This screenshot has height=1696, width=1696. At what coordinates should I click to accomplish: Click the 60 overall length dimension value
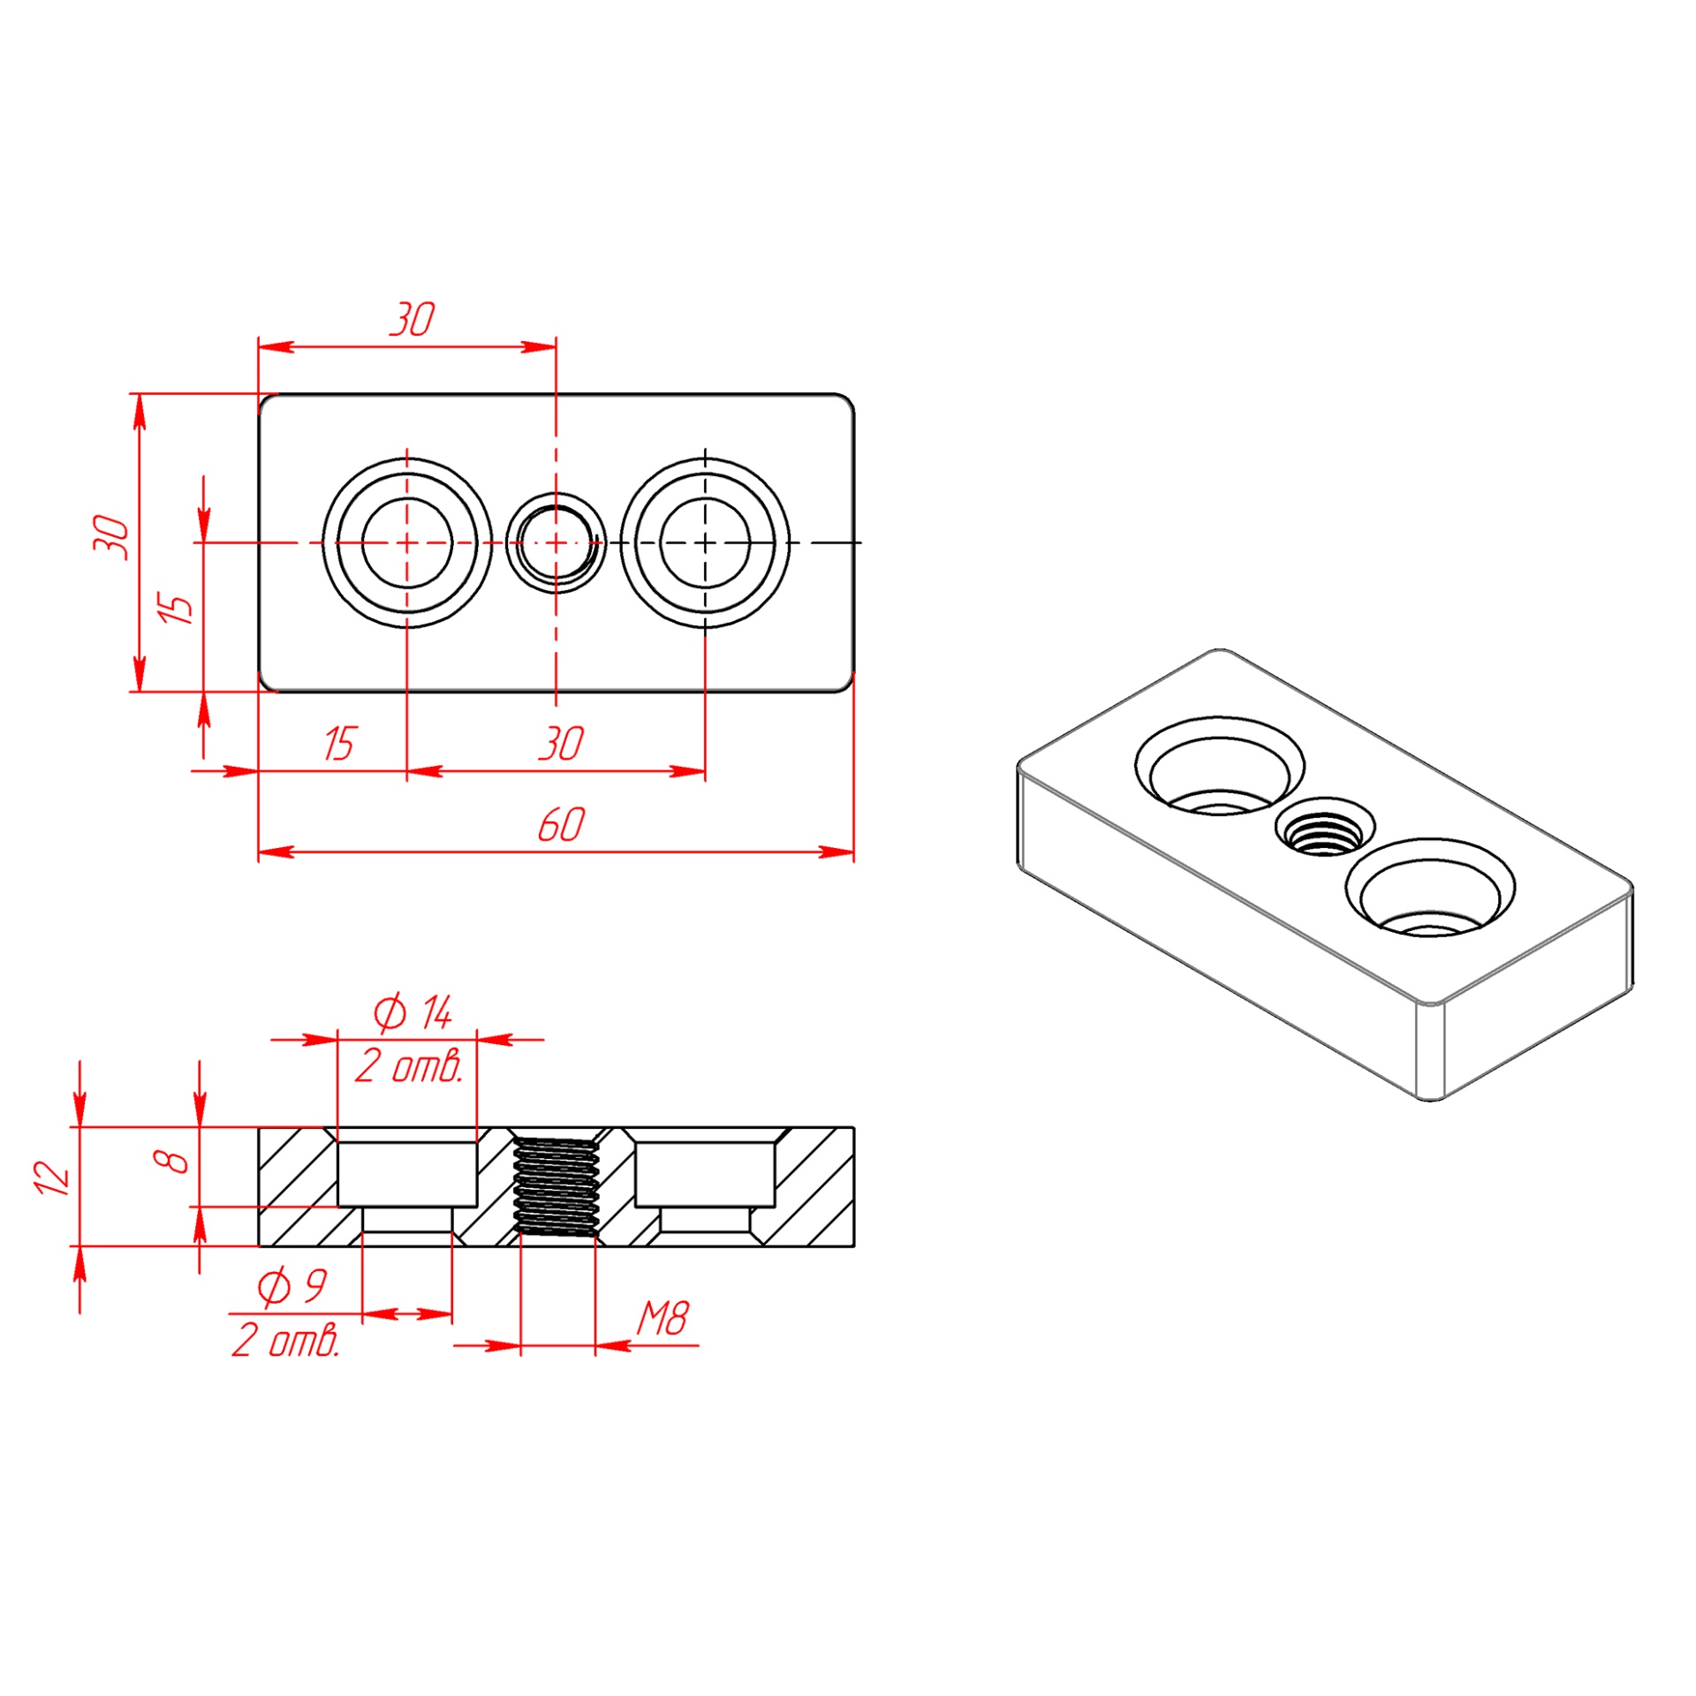click(x=561, y=824)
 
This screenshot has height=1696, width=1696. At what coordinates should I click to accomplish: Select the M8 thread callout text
click(x=662, y=1319)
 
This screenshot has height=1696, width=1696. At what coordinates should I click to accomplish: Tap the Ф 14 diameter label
click(x=413, y=1013)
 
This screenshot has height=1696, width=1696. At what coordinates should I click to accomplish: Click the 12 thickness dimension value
click(x=52, y=1178)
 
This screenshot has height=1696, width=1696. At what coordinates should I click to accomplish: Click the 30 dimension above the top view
click(x=413, y=320)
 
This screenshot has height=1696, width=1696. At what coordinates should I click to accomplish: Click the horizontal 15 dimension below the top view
click(x=338, y=744)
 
